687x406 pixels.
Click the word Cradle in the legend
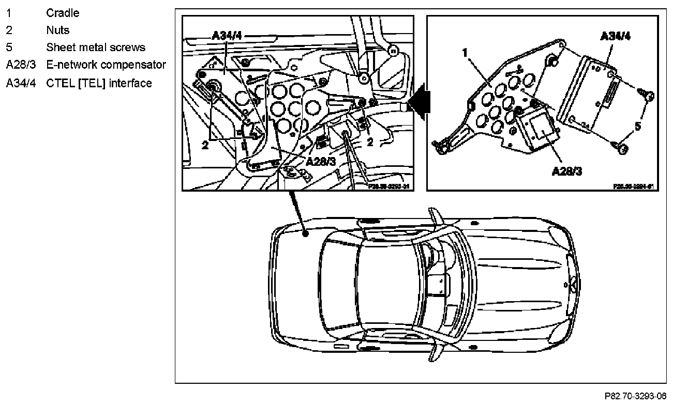[x=63, y=13]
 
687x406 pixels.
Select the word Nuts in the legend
[x=57, y=30]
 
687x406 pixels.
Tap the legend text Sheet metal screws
[x=96, y=48]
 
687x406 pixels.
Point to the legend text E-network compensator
[x=106, y=65]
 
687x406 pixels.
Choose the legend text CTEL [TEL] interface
[x=99, y=83]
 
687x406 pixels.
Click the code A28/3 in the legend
[x=21, y=65]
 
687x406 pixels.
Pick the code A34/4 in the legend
[x=21, y=83]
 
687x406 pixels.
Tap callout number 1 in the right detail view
[x=465, y=53]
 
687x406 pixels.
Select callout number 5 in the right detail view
[x=638, y=126]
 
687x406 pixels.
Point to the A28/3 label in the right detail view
[x=566, y=171]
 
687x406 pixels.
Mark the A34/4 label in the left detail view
[x=227, y=36]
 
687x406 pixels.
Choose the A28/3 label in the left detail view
[x=321, y=161]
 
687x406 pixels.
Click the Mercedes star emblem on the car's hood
[x=573, y=283]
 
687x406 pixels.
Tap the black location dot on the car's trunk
[x=306, y=234]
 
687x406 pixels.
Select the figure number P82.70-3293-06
[x=635, y=397]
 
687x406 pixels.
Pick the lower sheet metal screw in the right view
[x=623, y=148]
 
